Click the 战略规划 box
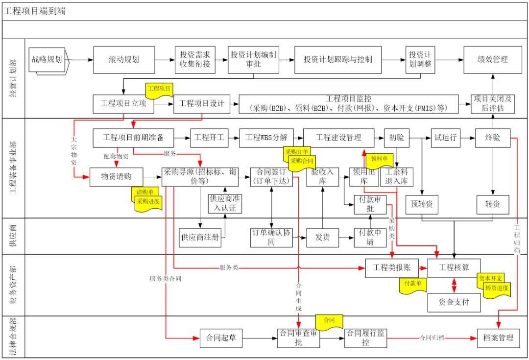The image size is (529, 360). pos(47,60)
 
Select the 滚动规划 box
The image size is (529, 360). pos(124,60)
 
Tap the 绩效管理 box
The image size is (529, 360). pos(493,60)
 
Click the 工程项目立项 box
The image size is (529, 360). pos(123,103)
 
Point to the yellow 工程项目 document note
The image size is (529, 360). pos(159,90)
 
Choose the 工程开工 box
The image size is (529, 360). pos(209,138)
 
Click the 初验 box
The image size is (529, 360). pos(396,138)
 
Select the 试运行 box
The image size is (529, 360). pos(445,138)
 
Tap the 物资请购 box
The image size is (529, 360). pos(117,177)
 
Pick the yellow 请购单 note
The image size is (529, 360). pos(144,192)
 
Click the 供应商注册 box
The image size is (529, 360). pos(200,238)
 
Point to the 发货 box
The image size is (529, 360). pos(322,238)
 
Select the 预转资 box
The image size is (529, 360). pos(422,204)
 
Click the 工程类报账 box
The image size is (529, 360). pos(392,268)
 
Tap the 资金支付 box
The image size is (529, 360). pos(454,302)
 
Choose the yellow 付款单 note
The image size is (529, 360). pos(413,285)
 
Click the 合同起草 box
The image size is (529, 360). pos(221,338)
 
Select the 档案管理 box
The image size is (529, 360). pos(498,338)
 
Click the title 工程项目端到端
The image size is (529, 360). pos(34,11)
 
